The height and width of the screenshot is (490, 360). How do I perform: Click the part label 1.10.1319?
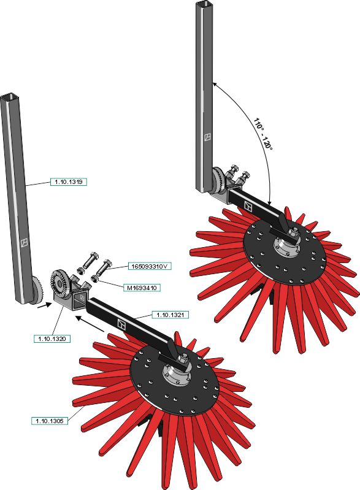(x=69, y=182)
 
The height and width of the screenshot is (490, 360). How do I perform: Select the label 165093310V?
(x=150, y=267)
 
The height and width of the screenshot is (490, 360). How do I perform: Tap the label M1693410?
(x=142, y=288)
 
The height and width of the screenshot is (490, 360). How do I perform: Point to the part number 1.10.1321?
(x=170, y=315)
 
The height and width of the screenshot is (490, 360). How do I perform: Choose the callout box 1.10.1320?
(x=52, y=339)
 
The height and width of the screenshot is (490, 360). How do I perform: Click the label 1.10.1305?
(x=50, y=421)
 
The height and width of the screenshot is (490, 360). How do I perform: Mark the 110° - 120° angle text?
(x=263, y=134)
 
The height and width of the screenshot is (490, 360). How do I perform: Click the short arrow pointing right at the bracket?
(x=43, y=305)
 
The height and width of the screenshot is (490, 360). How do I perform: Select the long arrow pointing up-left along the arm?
(x=90, y=323)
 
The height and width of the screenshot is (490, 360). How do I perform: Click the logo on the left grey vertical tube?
(x=25, y=242)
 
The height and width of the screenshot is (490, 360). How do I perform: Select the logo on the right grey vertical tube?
(x=207, y=137)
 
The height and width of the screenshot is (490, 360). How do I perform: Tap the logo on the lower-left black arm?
(x=121, y=324)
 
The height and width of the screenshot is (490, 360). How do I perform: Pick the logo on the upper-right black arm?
(x=248, y=206)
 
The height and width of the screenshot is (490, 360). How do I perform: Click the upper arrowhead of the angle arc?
(x=215, y=84)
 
